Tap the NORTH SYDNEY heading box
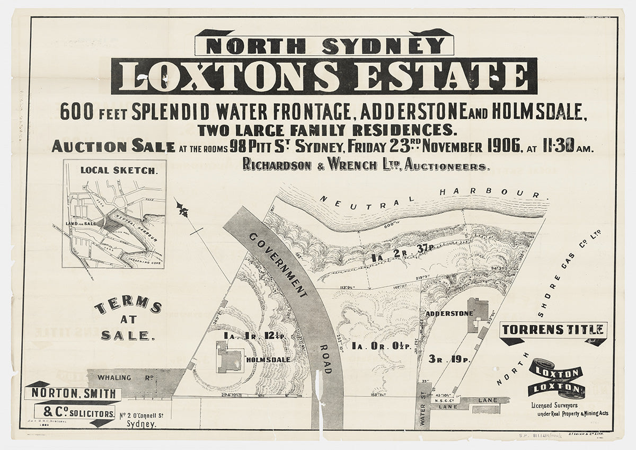click(x=324, y=46)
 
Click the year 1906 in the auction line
click(x=501, y=146)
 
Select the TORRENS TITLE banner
click(x=552, y=330)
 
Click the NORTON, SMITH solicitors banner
click(x=74, y=393)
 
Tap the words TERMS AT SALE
click(x=128, y=320)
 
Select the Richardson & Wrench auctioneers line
click(x=366, y=165)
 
